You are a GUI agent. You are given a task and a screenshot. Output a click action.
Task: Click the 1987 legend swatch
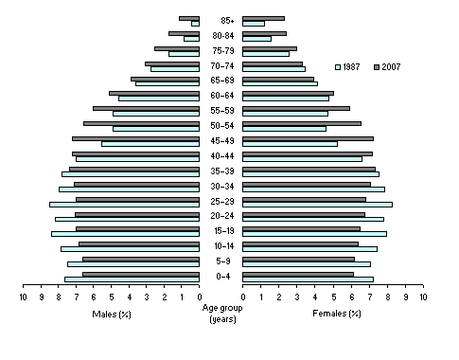click(x=340, y=66)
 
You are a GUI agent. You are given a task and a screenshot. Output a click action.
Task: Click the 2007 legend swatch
click(x=378, y=66)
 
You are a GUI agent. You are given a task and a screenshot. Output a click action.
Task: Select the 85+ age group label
click(x=227, y=20)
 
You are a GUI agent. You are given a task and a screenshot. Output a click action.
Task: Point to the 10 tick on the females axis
click(x=423, y=297)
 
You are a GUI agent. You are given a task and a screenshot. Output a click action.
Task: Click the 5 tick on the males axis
click(x=112, y=297)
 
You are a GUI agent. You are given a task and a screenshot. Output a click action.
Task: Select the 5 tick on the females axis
click(x=333, y=297)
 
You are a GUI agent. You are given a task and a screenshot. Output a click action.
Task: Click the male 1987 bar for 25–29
click(x=124, y=205)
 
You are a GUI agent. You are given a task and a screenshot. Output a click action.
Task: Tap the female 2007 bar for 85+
click(x=263, y=18)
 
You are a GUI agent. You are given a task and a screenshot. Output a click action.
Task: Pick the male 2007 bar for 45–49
click(x=135, y=138)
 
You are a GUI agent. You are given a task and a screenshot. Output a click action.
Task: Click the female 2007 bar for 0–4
click(x=298, y=274)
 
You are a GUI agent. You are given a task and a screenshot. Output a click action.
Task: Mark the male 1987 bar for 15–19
click(x=125, y=234)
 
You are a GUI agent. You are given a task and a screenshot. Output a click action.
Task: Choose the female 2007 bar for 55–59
click(x=296, y=108)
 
